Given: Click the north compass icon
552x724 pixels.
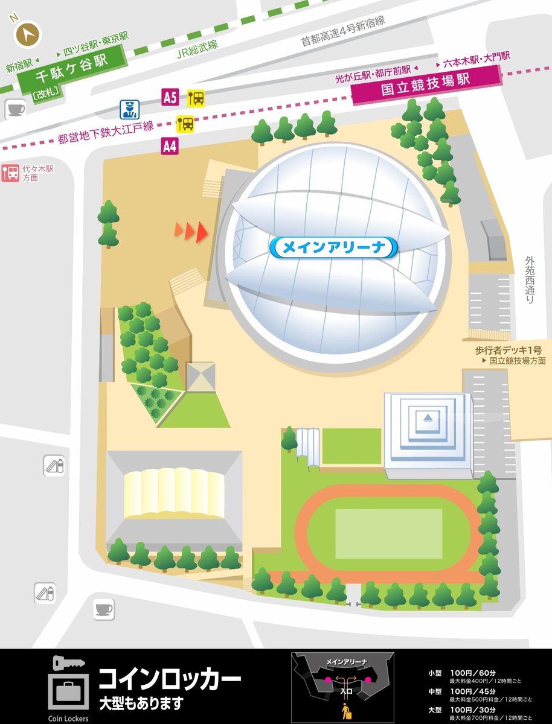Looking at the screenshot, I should coord(25,36).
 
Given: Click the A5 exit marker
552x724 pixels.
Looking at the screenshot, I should coord(170,97).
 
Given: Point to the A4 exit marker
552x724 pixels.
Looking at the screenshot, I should coord(170,145).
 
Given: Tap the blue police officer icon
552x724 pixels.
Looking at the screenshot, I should coord(128,109).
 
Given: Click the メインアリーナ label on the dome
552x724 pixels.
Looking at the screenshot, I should coord(333,247).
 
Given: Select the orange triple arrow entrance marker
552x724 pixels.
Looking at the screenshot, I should coord(191,230).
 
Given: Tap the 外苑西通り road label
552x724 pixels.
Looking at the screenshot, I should coord(530,279).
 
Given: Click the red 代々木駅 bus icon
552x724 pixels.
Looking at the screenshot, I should coord(10,174).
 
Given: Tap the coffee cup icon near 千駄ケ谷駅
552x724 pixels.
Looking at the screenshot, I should coord(14,109).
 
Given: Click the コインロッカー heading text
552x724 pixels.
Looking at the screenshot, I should coord(170,679).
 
